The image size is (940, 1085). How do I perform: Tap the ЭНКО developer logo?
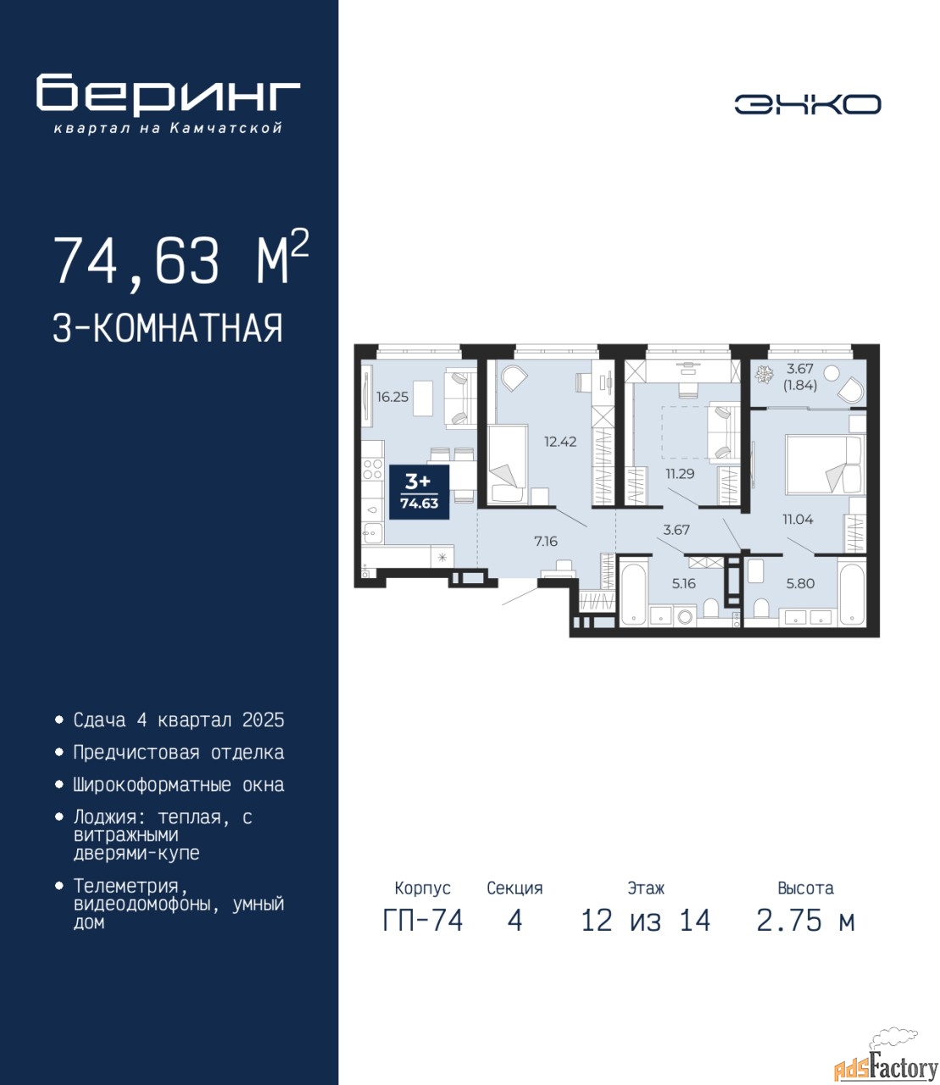[x=807, y=104]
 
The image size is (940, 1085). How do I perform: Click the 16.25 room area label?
[x=392, y=397]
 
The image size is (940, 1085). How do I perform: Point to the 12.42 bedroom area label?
[x=560, y=442]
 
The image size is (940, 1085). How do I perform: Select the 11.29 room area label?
[x=680, y=474]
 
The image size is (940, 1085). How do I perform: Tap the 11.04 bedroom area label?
[x=798, y=520]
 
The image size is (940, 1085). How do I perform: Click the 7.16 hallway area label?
[x=546, y=541]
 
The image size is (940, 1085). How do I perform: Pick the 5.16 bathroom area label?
[x=684, y=583]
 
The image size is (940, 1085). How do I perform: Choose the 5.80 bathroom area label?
[x=800, y=583]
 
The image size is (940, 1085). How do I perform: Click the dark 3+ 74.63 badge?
[x=419, y=492]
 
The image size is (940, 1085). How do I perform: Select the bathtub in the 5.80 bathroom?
[x=851, y=595]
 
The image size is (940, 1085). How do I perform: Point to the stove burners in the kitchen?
[x=372, y=469]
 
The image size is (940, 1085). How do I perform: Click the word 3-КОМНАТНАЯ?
[x=168, y=328]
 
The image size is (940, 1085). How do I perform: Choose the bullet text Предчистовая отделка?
[x=179, y=752]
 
